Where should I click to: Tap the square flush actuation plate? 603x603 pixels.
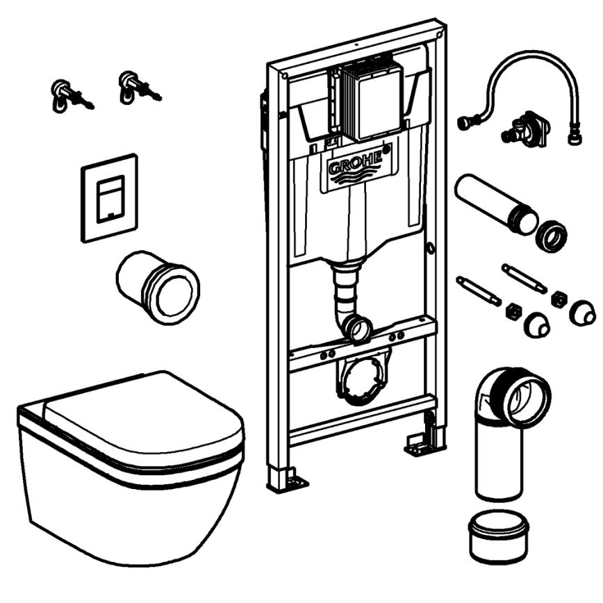[x=109, y=198]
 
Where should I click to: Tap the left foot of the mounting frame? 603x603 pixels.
[x=285, y=479]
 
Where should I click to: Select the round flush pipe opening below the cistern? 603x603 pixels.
[x=361, y=327]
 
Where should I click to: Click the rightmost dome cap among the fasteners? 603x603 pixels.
[x=582, y=313]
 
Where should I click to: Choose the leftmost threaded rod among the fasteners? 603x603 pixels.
[x=478, y=290]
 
